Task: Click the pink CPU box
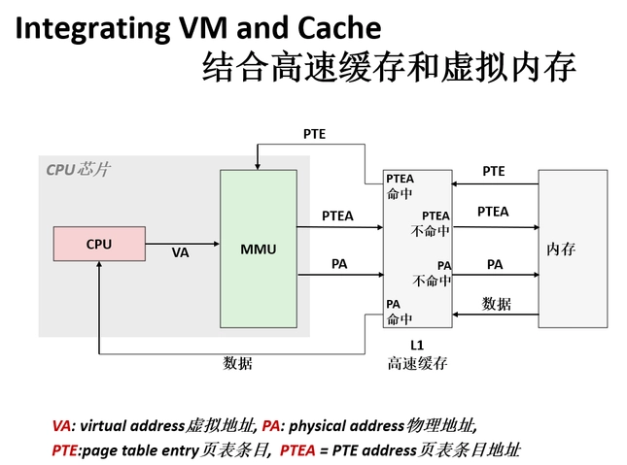pyautogui.click(x=99, y=244)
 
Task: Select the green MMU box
pyautogui.click(x=258, y=249)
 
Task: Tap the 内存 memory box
pyautogui.click(x=561, y=249)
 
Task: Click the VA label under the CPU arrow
pyautogui.click(x=180, y=252)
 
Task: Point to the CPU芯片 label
pyautogui.click(x=78, y=170)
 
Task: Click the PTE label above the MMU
pyautogui.click(x=314, y=134)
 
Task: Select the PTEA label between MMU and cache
pyautogui.click(x=337, y=216)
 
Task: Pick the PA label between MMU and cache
pyautogui.click(x=339, y=263)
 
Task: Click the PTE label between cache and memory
pyautogui.click(x=494, y=172)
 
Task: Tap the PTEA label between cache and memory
pyautogui.click(x=493, y=212)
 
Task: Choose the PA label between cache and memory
pyautogui.click(x=495, y=264)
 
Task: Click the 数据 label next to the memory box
pyautogui.click(x=496, y=304)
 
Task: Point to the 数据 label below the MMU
pyautogui.click(x=238, y=364)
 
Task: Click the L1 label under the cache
pyautogui.click(x=417, y=345)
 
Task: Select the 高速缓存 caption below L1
pyautogui.click(x=417, y=364)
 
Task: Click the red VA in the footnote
pyautogui.click(x=62, y=425)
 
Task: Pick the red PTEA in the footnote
pyautogui.click(x=298, y=450)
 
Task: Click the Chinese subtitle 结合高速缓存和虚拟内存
pyautogui.click(x=389, y=70)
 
